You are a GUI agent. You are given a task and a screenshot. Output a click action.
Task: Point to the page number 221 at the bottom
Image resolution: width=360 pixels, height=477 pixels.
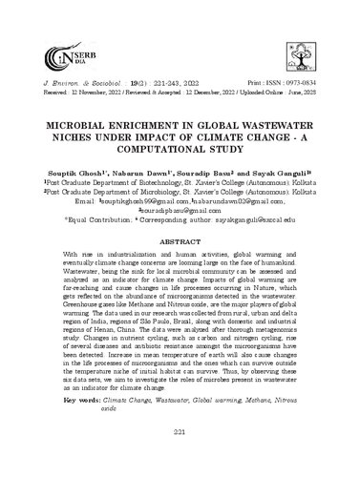180,460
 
